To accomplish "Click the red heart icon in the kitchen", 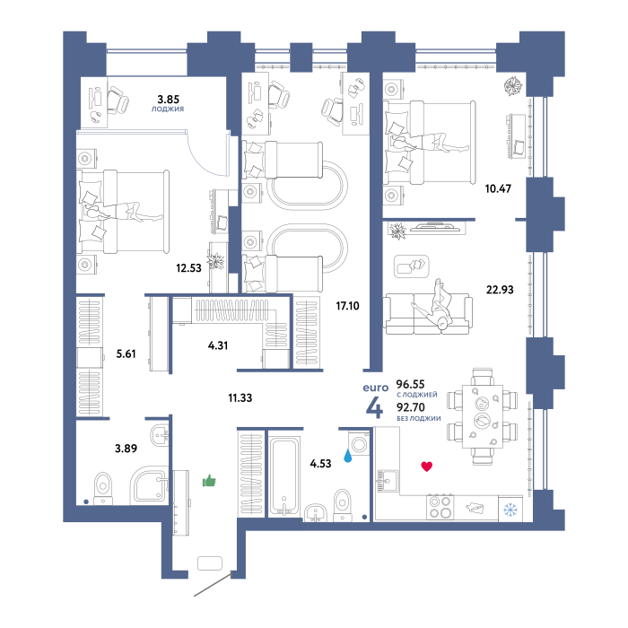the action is point(426,467).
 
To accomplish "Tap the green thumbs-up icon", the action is point(209,480).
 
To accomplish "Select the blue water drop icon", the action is point(348,456).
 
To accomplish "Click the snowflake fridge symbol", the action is point(510,510).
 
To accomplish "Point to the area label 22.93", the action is point(500,289).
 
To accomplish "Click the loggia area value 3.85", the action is point(169,99).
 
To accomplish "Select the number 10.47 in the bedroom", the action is point(498,188).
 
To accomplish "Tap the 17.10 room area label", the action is point(348,306).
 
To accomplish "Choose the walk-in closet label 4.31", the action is point(218,345).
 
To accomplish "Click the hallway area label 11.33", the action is point(240,397).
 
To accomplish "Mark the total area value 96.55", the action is point(410,384).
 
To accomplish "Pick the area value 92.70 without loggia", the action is point(411,407).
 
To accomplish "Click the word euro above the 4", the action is point(376,388).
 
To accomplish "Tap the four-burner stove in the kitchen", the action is point(440,507).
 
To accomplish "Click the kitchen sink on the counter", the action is point(388,481).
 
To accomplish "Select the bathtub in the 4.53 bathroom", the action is point(284,475).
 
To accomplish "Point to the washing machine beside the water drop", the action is point(359,442).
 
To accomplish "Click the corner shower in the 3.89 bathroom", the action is point(149,484).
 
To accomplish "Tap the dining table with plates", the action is point(483,416).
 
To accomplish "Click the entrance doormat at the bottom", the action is point(210,563).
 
